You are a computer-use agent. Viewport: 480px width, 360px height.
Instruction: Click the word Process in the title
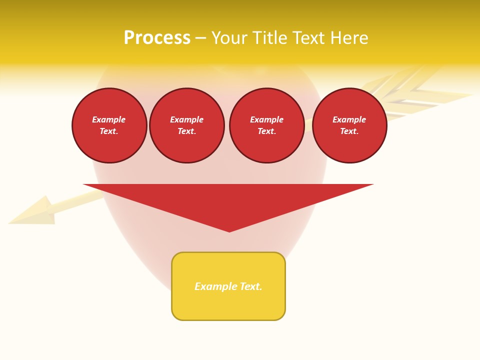157,38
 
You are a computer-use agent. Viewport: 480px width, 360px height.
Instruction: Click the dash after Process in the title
201,38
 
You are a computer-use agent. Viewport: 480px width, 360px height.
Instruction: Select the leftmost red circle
109,125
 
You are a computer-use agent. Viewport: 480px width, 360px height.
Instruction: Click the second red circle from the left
187,125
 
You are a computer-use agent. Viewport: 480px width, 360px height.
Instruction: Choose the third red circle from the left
267,125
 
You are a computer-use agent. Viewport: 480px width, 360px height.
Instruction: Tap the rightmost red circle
349,125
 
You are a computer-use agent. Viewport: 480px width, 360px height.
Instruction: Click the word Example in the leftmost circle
109,119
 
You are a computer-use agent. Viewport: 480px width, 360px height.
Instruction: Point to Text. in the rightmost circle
349,131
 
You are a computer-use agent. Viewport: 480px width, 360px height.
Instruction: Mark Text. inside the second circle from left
187,131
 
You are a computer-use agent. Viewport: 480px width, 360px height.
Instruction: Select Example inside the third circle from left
267,119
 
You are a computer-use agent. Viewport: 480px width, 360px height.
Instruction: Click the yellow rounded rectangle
228,305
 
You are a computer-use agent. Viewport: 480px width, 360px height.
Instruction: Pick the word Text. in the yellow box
250,286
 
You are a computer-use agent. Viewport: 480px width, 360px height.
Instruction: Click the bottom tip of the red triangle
229,230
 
